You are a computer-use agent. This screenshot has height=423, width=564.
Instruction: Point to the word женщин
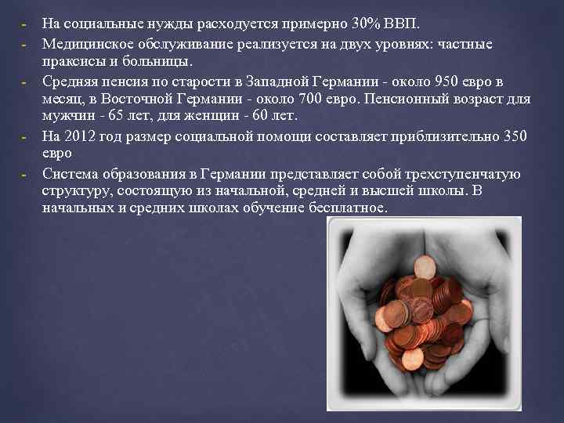[x=214, y=117]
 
